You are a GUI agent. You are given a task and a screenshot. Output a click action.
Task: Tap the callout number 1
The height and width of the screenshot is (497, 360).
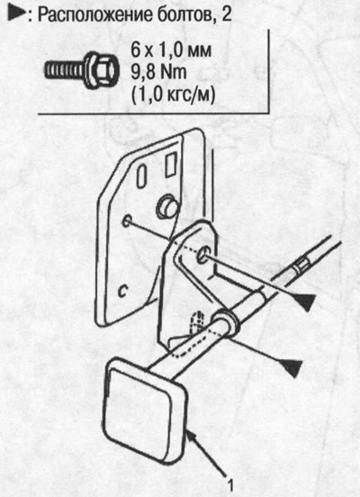(x=230, y=484)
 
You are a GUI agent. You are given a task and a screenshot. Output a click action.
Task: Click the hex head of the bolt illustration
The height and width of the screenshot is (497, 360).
(x=102, y=70)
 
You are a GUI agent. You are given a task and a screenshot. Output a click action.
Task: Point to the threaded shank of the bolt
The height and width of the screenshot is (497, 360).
(x=65, y=70)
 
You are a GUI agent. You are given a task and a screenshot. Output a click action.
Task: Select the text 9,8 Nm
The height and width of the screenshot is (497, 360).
(x=158, y=73)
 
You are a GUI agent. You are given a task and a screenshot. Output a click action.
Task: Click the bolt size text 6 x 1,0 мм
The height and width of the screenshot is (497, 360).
(x=171, y=50)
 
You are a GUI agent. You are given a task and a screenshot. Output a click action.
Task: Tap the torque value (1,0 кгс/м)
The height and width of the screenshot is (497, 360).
(x=174, y=95)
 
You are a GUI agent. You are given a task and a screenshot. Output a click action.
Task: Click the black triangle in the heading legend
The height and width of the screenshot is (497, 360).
(x=16, y=14)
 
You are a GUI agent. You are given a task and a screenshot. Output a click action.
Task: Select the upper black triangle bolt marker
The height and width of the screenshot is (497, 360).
(x=303, y=302)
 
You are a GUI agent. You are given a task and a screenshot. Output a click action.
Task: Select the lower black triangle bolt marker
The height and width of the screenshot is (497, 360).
(x=289, y=368)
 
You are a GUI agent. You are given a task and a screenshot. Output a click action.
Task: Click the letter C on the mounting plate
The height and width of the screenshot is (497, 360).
(x=122, y=291)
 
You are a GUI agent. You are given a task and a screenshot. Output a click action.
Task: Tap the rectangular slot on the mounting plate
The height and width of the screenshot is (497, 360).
(x=172, y=164)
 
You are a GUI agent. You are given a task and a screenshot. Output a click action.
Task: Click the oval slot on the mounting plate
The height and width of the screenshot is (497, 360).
(x=141, y=176)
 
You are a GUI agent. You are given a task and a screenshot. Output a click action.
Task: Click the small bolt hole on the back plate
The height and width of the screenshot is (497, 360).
(x=126, y=221)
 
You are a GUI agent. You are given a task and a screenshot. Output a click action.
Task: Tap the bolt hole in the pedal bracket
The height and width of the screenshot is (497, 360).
(x=202, y=255)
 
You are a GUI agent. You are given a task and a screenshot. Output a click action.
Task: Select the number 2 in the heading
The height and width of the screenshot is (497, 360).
(x=226, y=14)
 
